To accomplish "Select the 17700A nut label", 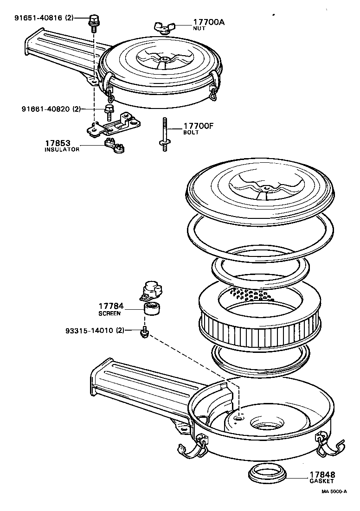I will coord(209,22).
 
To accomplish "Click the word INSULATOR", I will coord(62,149).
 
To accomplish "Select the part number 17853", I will coord(58,143).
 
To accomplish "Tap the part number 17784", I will coord(111,306).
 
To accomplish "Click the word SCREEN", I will coord(109,313).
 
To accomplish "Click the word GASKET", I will coord(321,482).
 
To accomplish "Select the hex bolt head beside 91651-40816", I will coord(93,20).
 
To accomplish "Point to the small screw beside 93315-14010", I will coord(144,332).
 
